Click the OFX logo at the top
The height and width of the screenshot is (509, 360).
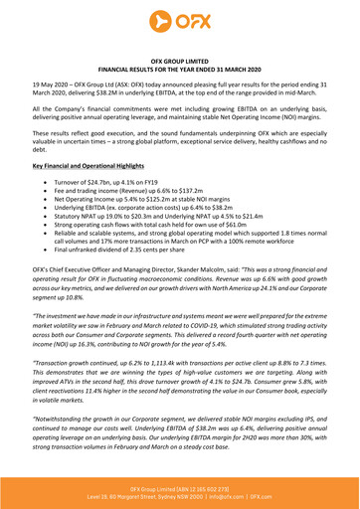(x=179, y=19)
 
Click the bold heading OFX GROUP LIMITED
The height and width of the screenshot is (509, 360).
(x=179, y=61)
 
